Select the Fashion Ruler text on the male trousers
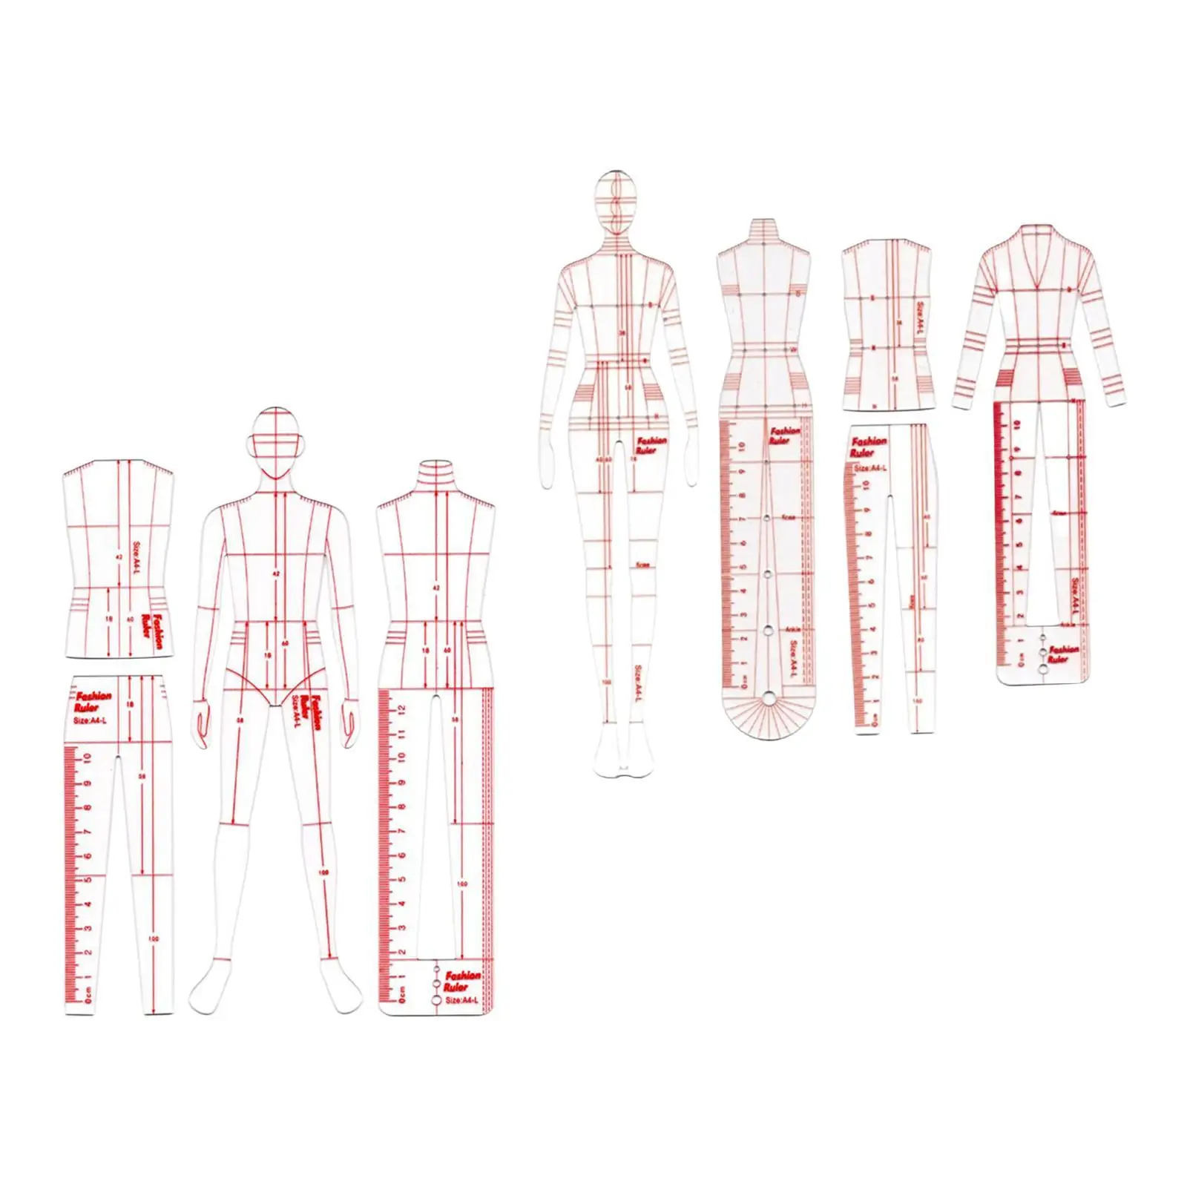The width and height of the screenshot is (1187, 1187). (93, 701)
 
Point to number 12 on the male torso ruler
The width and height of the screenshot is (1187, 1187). (401, 711)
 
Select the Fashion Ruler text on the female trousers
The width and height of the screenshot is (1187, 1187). (869, 447)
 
